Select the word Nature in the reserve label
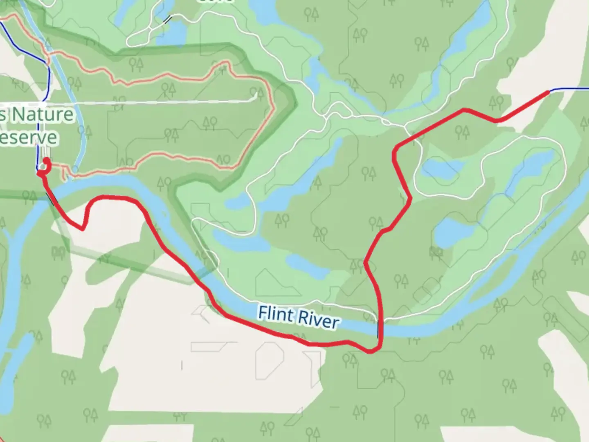click(x=43, y=114)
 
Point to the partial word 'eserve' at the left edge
click(x=29, y=138)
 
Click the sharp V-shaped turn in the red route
click(x=83, y=229)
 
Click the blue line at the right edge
click(x=573, y=88)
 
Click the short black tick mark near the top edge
click(x=167, y=20)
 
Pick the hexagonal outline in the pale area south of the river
click(x=270, y=360)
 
